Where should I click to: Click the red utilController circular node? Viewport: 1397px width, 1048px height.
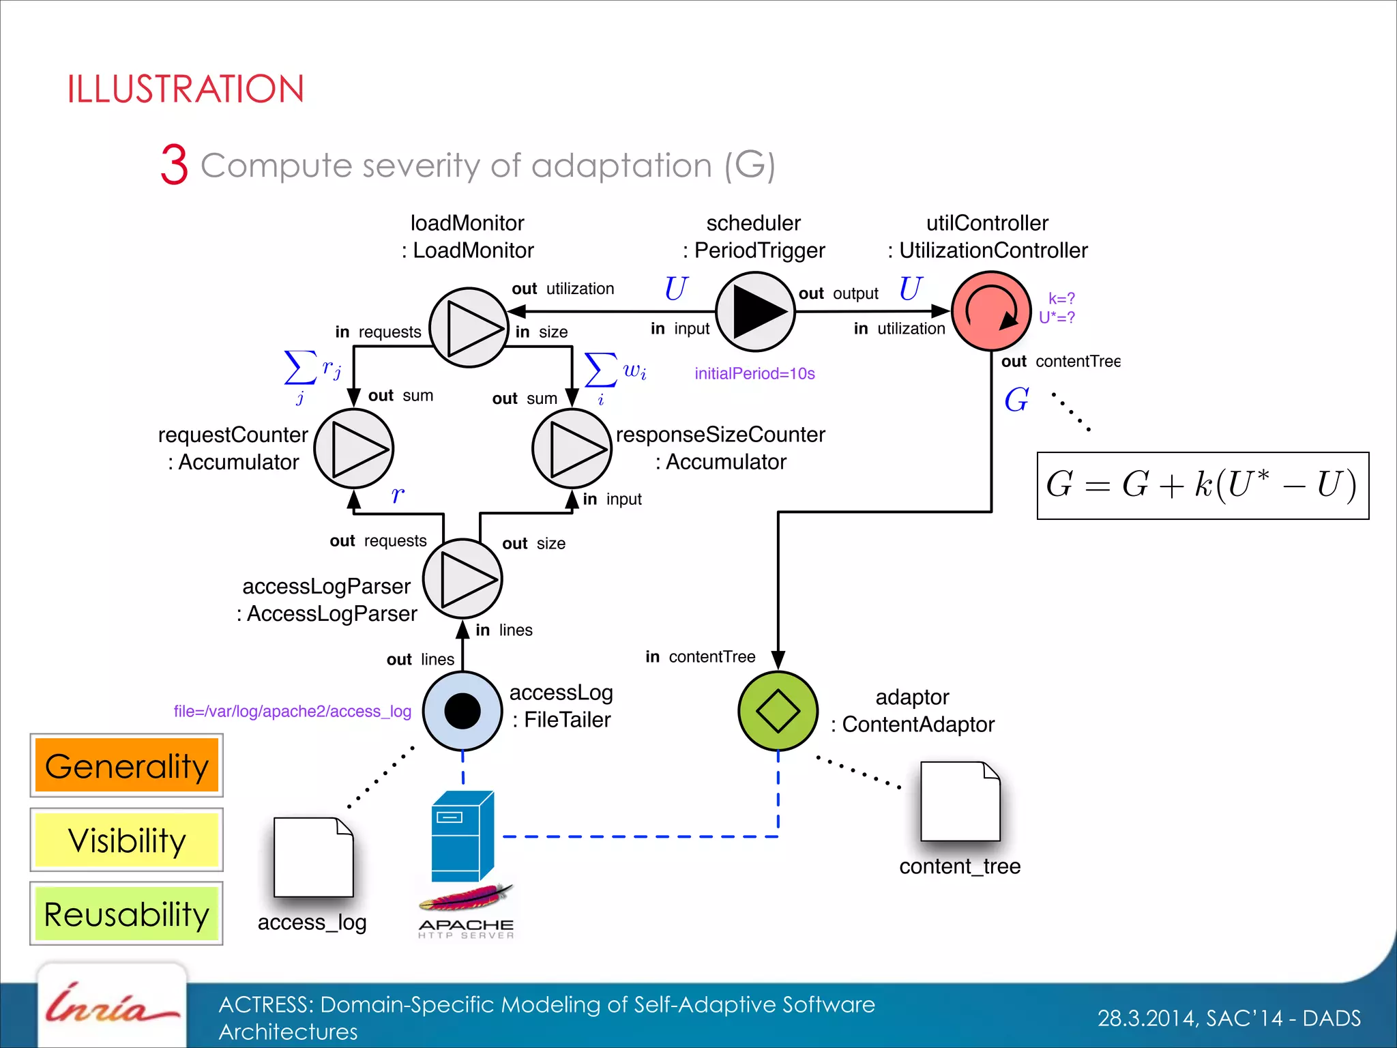(990, 311)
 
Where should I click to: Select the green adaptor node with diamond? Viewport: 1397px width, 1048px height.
(778, 711)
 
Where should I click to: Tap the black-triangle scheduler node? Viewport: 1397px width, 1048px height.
(755, 312)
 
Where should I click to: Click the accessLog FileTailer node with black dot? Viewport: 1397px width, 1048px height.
(462, 711)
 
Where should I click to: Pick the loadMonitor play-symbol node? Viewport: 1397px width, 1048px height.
(469, 327)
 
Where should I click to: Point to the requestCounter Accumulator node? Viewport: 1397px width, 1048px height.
(353, 449)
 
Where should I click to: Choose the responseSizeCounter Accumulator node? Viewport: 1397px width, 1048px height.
(572, 449)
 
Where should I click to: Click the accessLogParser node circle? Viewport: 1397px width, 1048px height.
(462, 579)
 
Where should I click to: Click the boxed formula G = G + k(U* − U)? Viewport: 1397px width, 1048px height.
(1202, 485)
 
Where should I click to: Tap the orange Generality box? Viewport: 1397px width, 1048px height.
(127, 766)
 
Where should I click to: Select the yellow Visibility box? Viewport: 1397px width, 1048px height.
(127, 840)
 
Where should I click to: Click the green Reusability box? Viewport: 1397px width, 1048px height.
(127, 914)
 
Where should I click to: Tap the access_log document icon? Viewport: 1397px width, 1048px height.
(313, 858)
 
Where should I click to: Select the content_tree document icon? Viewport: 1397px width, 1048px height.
(960, 802)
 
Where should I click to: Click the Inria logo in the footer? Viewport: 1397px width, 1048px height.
(111, 1008)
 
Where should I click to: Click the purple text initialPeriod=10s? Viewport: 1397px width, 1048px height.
(754, 373)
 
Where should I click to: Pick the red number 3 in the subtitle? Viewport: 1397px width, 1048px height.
(174, 164)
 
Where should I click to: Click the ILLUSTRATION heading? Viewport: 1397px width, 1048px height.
(186, 89)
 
